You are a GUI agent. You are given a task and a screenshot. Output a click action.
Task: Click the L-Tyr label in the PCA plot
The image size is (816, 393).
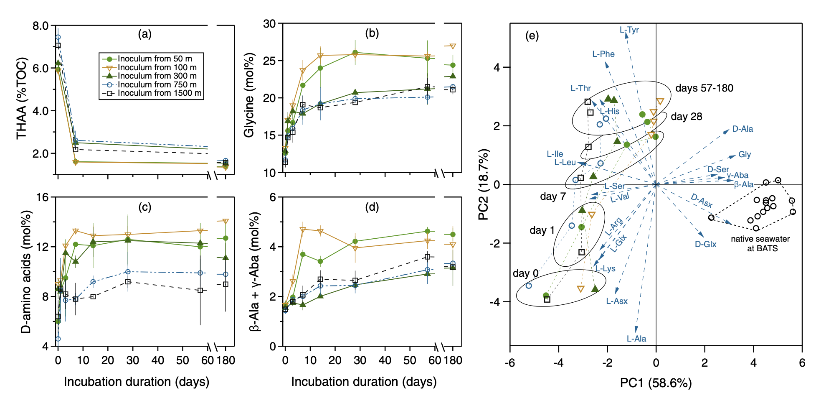coord(629,30)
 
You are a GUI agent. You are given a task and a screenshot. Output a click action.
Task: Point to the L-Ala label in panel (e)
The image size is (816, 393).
coord(636,339)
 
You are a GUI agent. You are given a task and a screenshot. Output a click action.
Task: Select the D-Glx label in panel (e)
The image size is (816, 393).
coord(706,244)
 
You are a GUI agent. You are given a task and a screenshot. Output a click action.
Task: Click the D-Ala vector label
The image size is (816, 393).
coord(743,129)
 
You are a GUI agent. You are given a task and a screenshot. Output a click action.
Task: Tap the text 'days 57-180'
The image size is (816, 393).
coord(704,88)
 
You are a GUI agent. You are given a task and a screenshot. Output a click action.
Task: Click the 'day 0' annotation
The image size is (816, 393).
coord(525,273)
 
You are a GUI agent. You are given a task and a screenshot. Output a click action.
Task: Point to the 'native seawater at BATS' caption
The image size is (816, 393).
coord(760,243)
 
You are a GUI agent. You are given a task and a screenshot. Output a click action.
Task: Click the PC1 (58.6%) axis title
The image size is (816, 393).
coord(656,383)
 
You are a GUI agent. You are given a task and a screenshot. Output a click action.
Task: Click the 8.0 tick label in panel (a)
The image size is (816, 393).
coord(41,26)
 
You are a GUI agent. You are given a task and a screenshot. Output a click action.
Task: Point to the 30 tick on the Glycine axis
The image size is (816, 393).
coord(269,24)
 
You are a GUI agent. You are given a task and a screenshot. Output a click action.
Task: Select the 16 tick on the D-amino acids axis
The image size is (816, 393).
coord(42,197)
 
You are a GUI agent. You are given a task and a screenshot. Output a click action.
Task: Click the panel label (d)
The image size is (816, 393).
coord(372,207)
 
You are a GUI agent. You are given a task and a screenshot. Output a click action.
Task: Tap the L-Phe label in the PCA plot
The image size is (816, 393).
coord(603,54)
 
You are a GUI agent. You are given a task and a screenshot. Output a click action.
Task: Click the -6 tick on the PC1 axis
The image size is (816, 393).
coord(509,362)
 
